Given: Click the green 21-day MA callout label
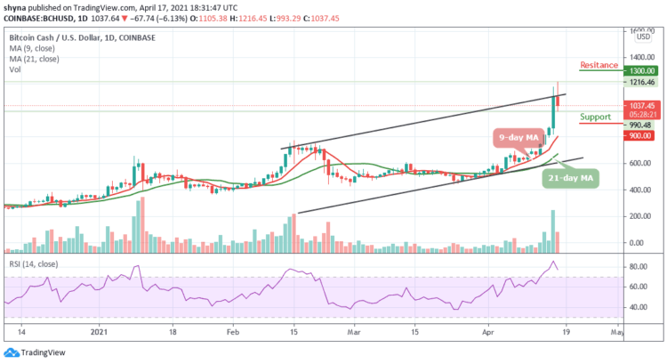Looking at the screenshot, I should click(567, 178).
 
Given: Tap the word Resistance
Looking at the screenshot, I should click(600, 65).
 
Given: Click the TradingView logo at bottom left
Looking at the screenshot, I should click(31, 352).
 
